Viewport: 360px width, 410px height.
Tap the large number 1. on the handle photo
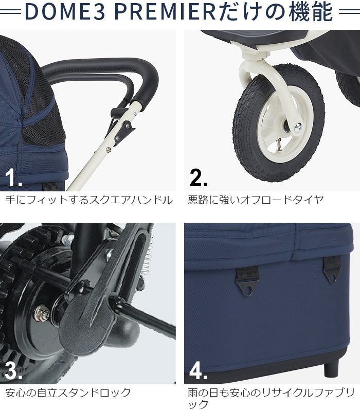click(14, 177)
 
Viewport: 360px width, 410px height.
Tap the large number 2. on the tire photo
click(199, 177)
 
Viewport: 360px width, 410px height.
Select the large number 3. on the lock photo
click(14, 370)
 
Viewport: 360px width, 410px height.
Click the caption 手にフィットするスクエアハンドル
click(88, 200)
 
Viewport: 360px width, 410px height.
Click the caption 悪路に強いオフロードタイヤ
click(256, 200)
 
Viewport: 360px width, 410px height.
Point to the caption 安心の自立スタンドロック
click(68, 393)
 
